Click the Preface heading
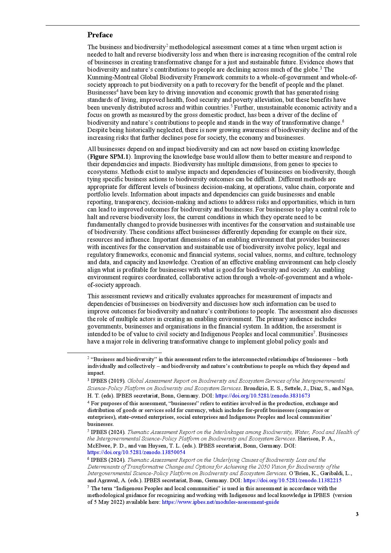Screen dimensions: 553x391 (x=100, y=35)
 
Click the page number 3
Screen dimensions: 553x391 (x=357, y=514)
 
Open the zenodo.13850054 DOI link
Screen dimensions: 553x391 (x=136, y=453)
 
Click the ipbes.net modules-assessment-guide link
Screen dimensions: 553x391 (x=220, y=502)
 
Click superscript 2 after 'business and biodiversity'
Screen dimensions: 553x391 (x=167, y=45)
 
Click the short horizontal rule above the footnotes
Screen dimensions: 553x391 (x=114, y=353)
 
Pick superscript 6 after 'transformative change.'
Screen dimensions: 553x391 (x=343, y=121)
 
